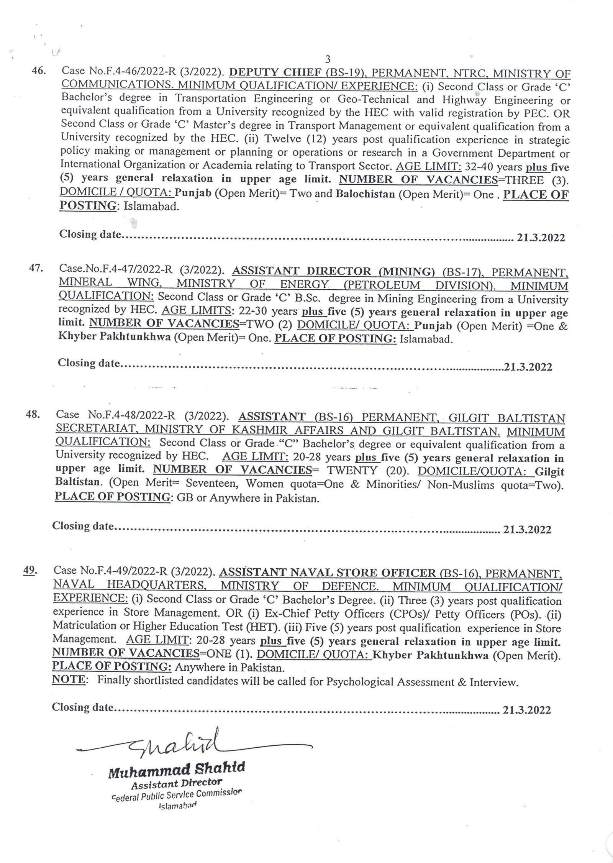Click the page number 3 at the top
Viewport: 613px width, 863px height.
327,59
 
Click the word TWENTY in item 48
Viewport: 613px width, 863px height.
352,470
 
